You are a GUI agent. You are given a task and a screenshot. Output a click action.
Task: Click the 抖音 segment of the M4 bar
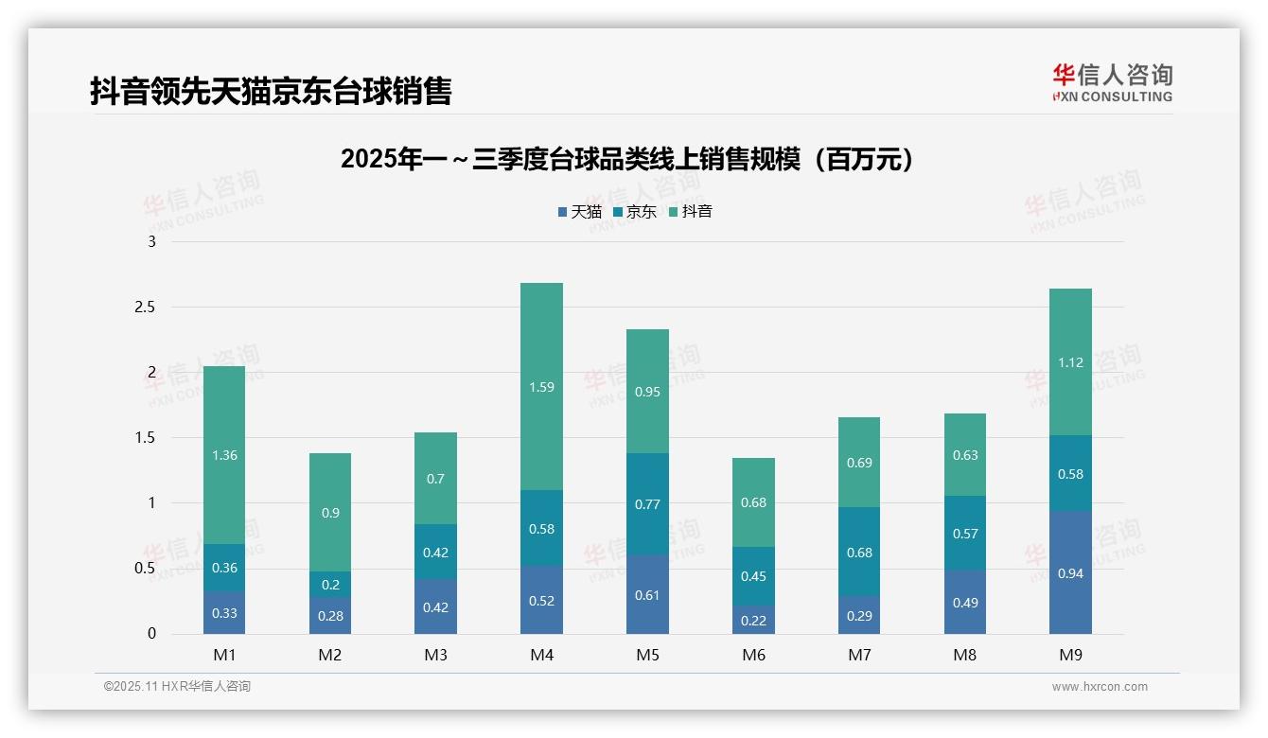541,386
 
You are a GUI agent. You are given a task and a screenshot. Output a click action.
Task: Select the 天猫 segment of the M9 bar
1070,572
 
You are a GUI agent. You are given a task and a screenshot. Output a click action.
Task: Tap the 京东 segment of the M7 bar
859,552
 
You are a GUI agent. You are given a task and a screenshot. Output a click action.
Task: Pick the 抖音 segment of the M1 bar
224,455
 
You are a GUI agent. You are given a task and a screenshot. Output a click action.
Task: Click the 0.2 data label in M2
330,585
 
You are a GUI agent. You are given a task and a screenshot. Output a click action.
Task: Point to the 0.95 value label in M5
647,392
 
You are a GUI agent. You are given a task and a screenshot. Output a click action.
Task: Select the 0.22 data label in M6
753,620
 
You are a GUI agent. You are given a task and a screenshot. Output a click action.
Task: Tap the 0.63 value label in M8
964,455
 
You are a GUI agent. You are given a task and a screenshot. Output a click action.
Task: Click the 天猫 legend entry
580,212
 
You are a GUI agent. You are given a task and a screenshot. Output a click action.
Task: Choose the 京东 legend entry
635,212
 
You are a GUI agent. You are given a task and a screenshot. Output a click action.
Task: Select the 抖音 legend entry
691,212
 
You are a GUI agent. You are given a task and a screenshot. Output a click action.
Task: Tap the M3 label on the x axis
435,655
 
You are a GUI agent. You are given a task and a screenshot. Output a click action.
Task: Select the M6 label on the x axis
753,655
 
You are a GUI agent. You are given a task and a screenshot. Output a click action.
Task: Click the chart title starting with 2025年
628,159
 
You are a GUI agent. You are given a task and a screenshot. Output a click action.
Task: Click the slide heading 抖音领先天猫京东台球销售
271,91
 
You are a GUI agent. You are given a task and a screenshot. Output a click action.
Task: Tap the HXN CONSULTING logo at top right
1112,82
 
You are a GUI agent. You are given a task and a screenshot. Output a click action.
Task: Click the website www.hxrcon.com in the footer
1099,687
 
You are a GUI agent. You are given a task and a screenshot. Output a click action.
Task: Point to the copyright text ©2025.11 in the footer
177,687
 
